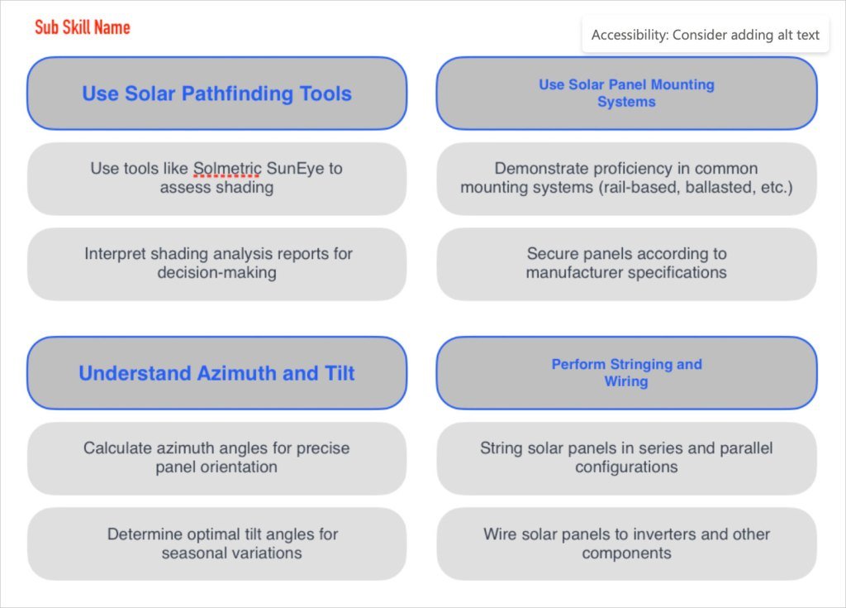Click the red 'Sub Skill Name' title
[82, 27]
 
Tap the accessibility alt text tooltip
[705, 35]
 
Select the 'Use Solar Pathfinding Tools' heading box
[216, 93]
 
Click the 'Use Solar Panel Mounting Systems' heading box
[626, 93]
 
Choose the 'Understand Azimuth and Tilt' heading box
[216, 373]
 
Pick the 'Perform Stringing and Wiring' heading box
[626, 373]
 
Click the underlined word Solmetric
[227, 169]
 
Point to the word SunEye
[297, 169]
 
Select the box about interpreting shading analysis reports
[216, 263]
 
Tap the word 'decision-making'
[216, 272]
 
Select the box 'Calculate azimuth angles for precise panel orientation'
[216, 457]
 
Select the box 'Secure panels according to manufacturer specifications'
[626, 263]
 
